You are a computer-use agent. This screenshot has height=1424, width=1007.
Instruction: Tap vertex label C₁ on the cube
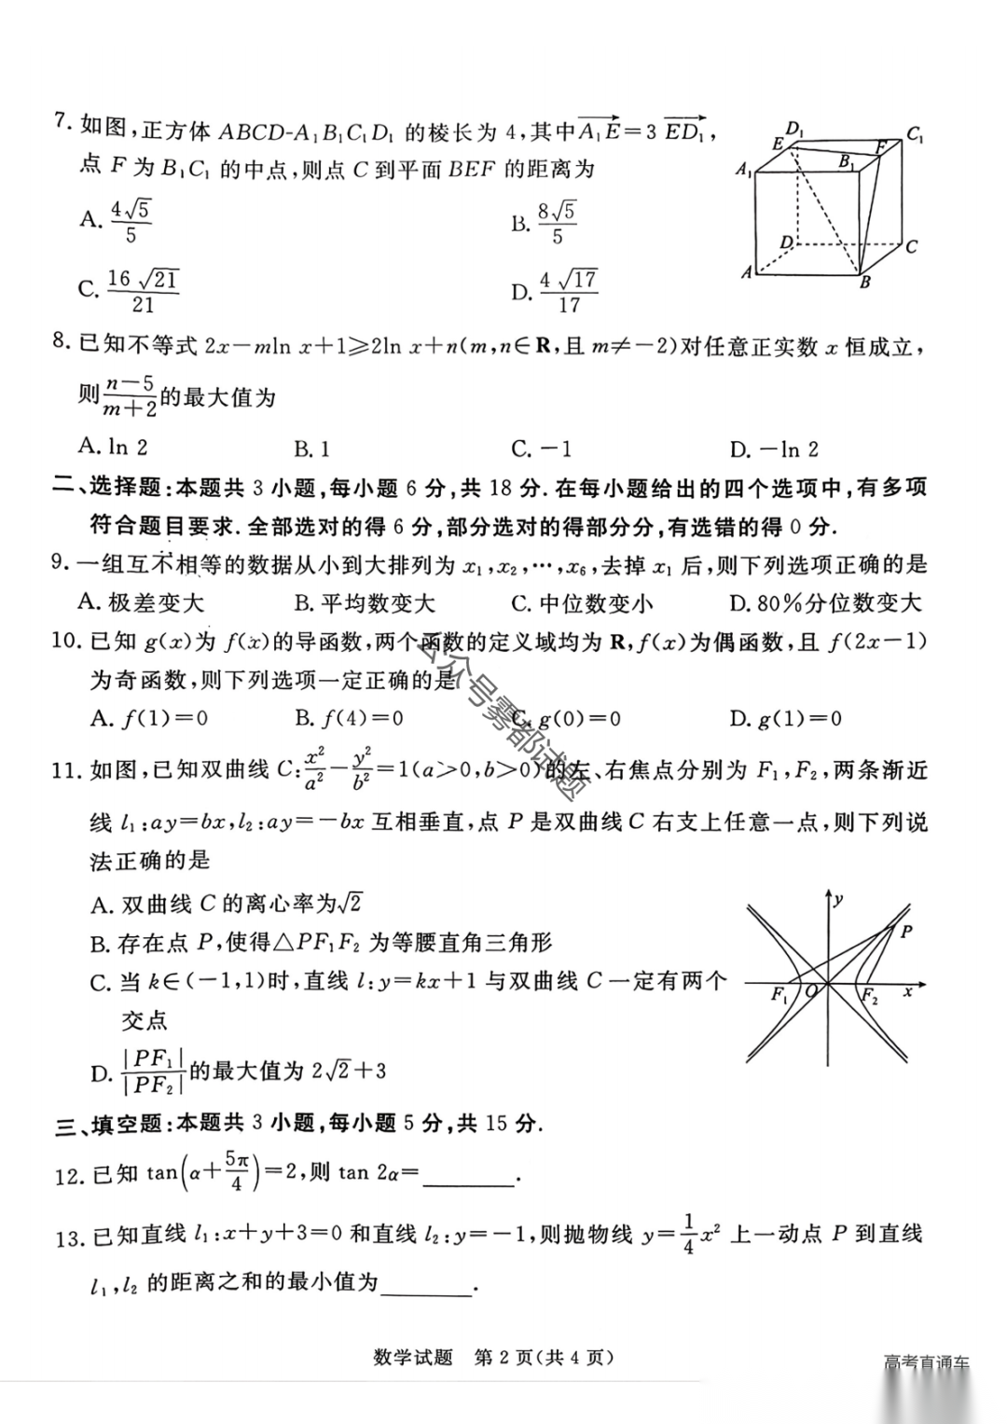pyautogui.click(x=915, y=134)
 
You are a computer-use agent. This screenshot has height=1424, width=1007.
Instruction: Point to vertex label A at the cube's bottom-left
pyautogui.click(x=746, y=272)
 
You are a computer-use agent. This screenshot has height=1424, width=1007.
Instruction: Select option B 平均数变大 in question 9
pyautogui.click(x=364, y=603)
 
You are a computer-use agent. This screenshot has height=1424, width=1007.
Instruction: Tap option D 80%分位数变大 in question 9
pyautogui.click(x=824, y=603)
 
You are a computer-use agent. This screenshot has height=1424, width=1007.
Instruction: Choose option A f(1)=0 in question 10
pyautogui.click(x=149, y=718)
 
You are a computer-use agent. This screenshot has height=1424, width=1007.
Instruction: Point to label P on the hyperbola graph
pyautogui.click(x=906, y=931)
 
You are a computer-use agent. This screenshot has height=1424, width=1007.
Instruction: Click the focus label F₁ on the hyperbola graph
pyautogui.click(x=779, y=995)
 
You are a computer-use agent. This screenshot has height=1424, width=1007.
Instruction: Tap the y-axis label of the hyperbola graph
pyautogui.click(x=839, y=899)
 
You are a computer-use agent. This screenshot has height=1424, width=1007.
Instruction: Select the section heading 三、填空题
pyautogui.click(x=110, y=1124)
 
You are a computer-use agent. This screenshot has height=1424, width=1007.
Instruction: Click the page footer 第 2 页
pyautogui.click(x=504, y=1358)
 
